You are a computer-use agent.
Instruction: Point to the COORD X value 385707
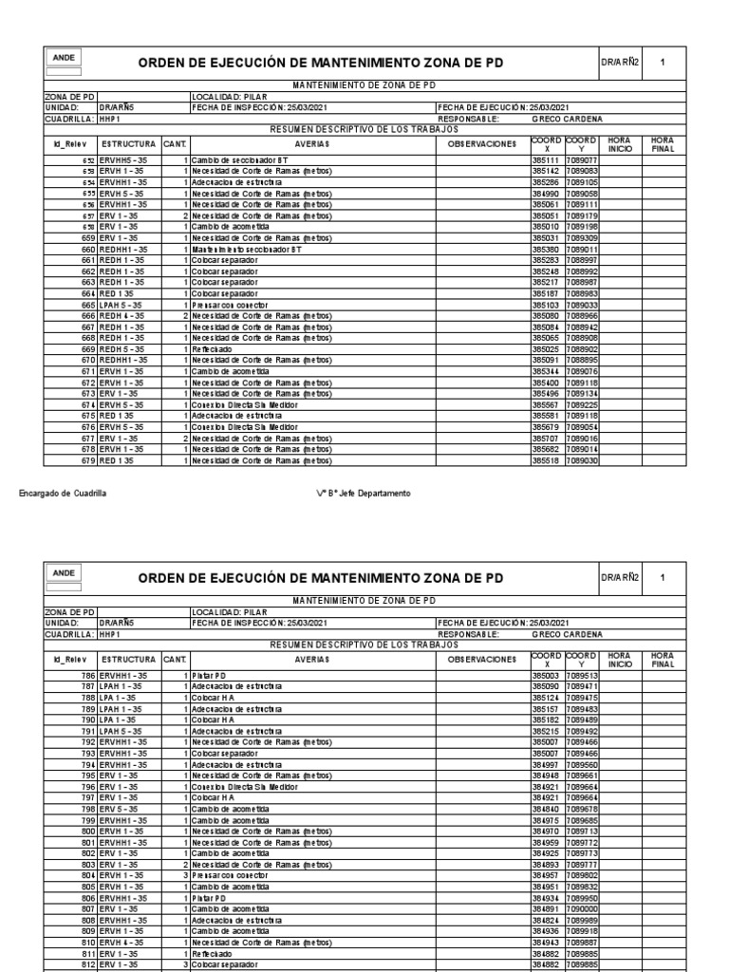(546, 440)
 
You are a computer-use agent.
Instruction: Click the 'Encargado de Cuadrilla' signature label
(63, 494)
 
